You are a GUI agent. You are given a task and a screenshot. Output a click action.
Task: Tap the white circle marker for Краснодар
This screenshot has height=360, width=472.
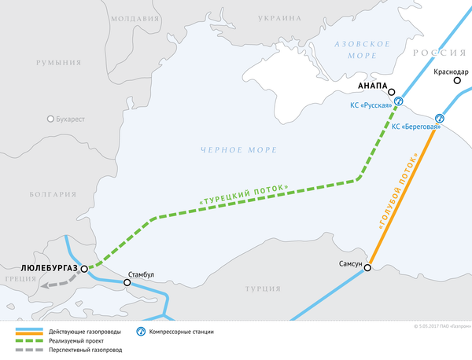(457, 82)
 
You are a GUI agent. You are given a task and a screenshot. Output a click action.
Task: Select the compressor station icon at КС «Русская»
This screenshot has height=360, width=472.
(399, 101)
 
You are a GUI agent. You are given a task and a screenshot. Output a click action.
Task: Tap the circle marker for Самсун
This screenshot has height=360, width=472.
(367, 267)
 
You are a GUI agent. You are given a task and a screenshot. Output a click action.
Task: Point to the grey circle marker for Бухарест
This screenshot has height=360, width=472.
(51, 119)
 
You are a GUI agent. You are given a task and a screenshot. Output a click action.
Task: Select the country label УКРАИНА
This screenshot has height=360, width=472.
(278, 18)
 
